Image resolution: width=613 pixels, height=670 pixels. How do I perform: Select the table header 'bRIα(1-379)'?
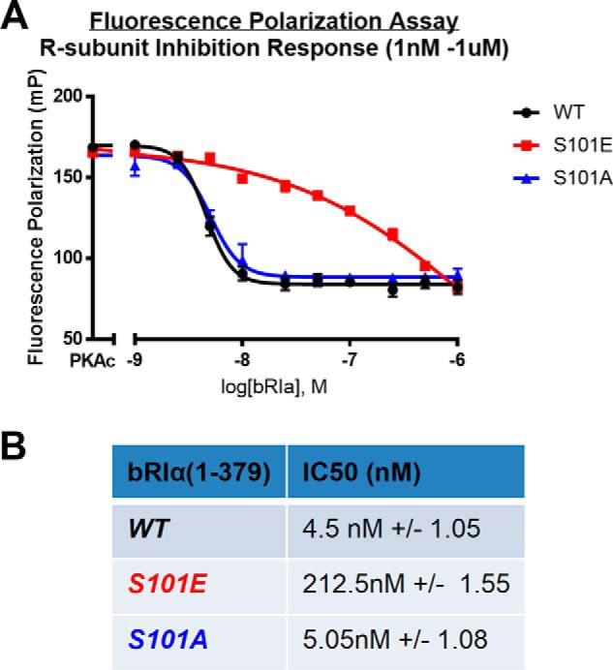point(198,472)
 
